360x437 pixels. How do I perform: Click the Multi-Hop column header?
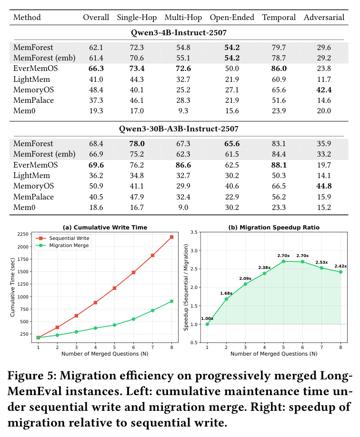pyautogui.click(x=183, y=18)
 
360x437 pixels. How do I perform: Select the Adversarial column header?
pyautogui.click(x=324, y=18)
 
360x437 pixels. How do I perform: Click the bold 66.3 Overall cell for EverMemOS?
pyautogui.click(x=96, y=69)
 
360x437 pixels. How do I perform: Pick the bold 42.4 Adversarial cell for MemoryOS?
pyautogui.click(x=324, y=90)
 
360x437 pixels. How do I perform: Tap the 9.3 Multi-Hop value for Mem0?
pyautogui.click(x=183, y=111)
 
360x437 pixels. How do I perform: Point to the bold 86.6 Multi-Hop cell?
pyautogui.click(x=183, y=165)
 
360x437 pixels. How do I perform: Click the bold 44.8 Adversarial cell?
pyautogui.click(x=324, y=186)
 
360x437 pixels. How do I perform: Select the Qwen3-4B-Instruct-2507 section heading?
pyautogui.click(x=179, y=33)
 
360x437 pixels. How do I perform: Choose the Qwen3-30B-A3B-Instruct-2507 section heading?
pyautogui.click(x=179, y=129)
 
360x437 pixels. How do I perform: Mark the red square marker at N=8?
pyautogui.click(x=172, y=237)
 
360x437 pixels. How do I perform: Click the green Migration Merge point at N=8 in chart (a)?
pyautogui.click(x=172, y=301)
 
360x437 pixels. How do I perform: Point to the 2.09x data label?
pyautogui.click(x=245, y=278)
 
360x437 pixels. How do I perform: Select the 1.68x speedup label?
pyautogui.click(x=226, y=293)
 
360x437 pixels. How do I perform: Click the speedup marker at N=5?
pyautogui.click(x=283, y=261)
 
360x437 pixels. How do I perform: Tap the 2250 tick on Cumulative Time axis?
pyautogui.click(x=23, y=234)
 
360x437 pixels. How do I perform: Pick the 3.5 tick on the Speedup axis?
pyautogui.click(x=194, y=232)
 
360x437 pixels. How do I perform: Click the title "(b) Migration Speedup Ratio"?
pyautogui.click(x=274, y=228)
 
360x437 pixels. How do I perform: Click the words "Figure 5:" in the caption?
pyautogui.click(x=32, y=376)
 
